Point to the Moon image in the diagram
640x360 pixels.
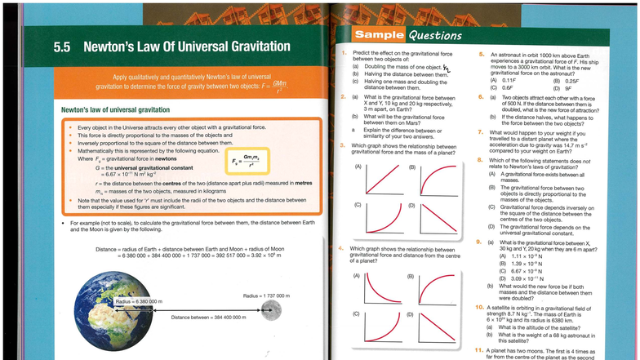point(271,310)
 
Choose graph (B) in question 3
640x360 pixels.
point(438,179)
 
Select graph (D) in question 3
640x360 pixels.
point(438,217)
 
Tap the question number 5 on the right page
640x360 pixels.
point(482,53)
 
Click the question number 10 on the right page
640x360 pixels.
point(480,306)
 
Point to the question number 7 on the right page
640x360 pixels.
point(482,132)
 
